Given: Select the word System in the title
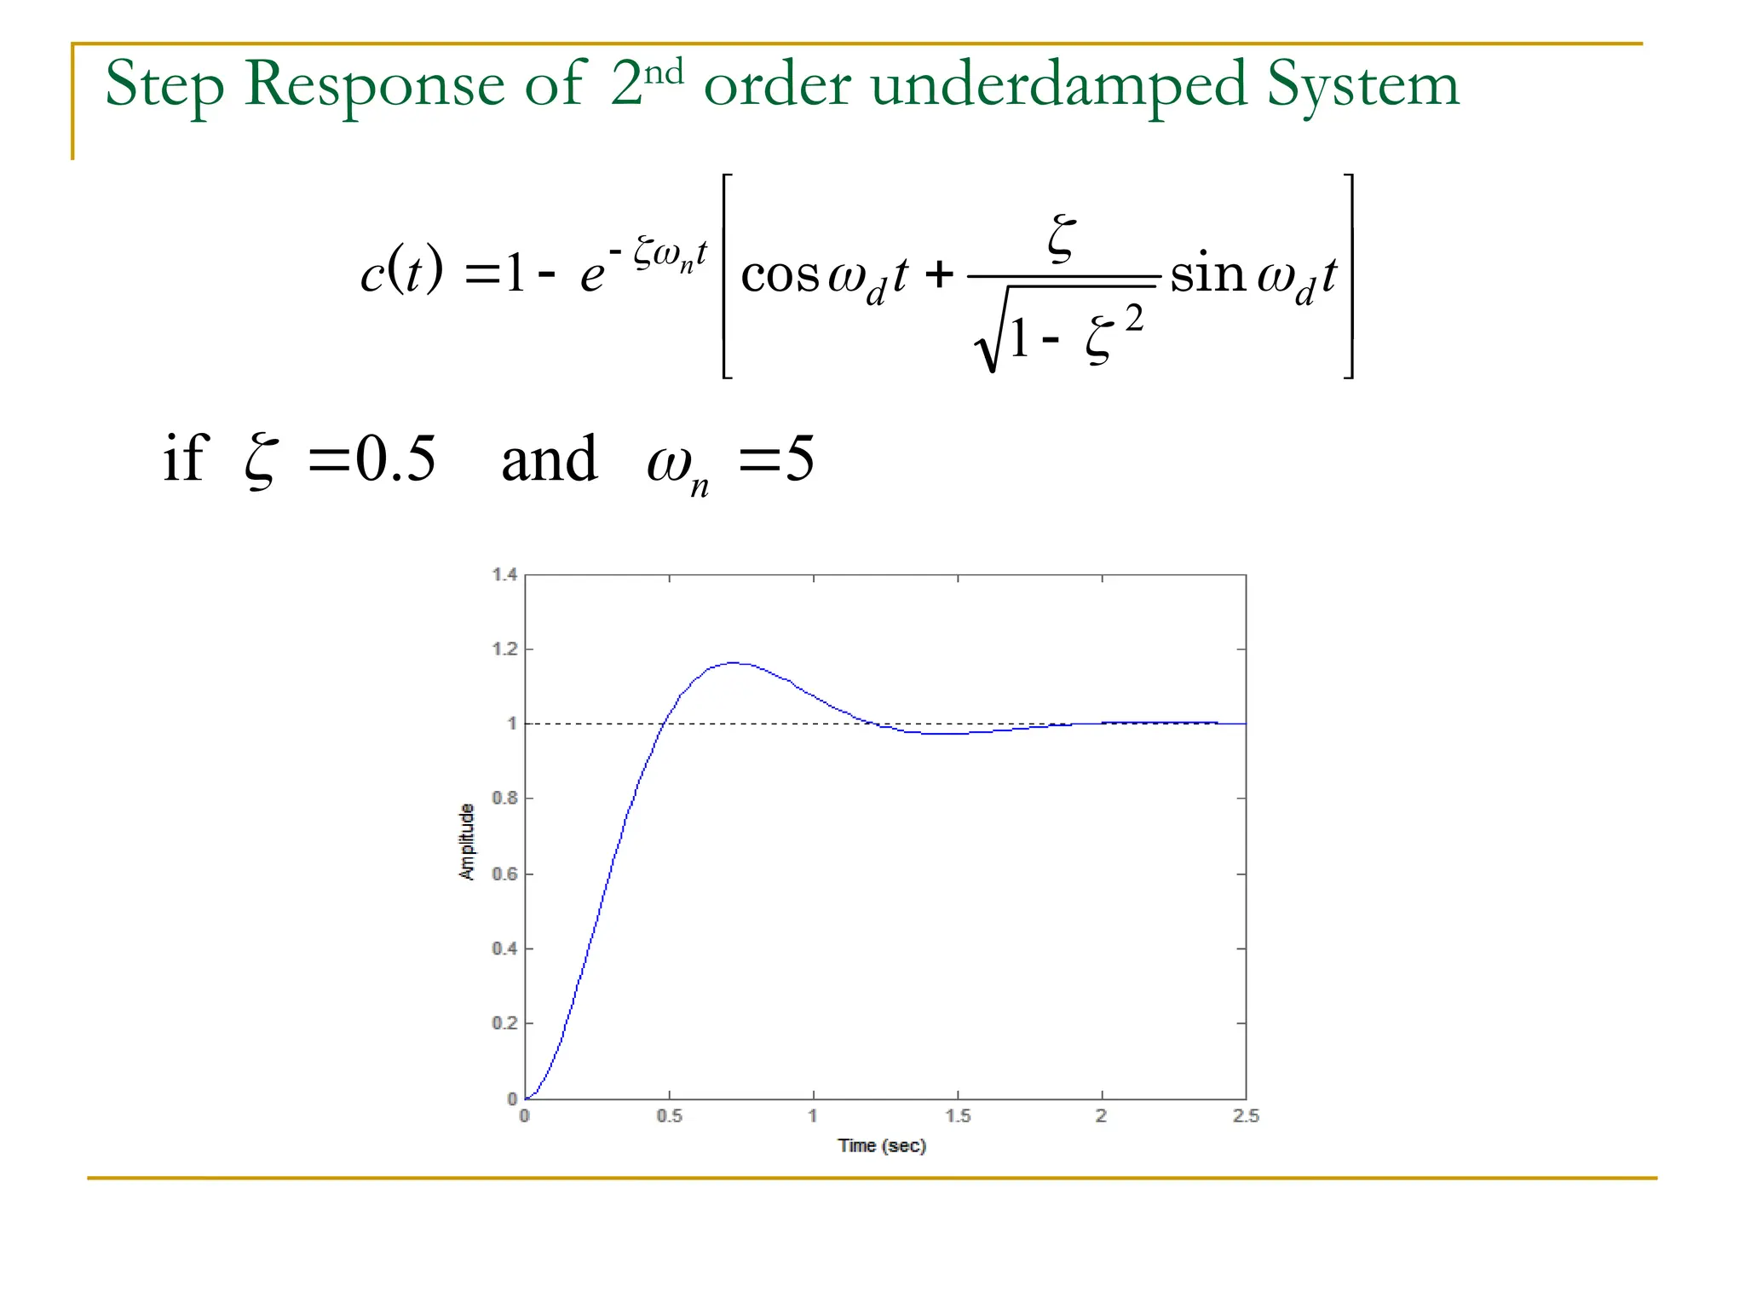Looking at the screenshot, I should coord(1363,85).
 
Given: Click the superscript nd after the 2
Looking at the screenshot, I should coord(664,72).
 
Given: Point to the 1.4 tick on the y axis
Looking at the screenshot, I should coord(504,575).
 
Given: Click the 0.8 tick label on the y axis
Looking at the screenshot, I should coord(504,799).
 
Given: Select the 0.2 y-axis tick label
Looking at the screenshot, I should coord(504,1024).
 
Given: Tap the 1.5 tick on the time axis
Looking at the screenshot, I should coord(958,1116).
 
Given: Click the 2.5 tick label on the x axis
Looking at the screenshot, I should coord(1246,1116).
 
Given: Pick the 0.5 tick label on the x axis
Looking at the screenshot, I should coord(670,1116).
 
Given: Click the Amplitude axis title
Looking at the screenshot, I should coord(467,841).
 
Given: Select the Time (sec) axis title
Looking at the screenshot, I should coord(882,1146).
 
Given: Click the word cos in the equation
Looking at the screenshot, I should coord(780,275).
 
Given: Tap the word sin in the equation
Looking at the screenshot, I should coord(1207,274).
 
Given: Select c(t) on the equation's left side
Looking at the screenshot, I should coord(401,273).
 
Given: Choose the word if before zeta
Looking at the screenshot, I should coord(186,458).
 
